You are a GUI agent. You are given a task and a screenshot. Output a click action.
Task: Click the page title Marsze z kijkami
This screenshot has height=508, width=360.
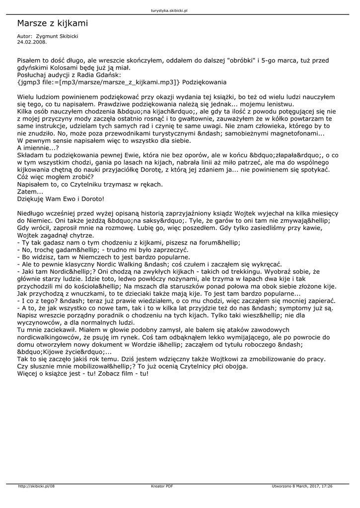pyautogui.click(x=52, y=23)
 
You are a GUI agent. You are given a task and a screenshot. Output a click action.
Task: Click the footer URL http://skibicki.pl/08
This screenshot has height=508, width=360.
pyautogui.click(x=36, y=486)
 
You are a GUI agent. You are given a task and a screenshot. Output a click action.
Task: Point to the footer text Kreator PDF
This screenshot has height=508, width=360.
pyautogui.click(x=162, y=486)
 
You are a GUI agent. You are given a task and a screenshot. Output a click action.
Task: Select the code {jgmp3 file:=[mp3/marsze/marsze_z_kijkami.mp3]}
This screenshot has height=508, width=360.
pyautogui.click(x=99, y=81)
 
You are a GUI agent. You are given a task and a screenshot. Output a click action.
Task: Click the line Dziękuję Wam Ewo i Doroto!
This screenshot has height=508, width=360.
pyautogui.click(x=61, y=198)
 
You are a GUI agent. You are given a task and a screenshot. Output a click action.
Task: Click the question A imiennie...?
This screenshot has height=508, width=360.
pyautogui.click(x=38, y=147)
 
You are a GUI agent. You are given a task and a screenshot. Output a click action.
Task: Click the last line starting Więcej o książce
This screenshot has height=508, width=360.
pyautogui.click(x=82, y=373)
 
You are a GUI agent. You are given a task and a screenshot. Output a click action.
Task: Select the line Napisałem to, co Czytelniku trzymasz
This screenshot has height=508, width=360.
pyautogui.click(x=90, y=184)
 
